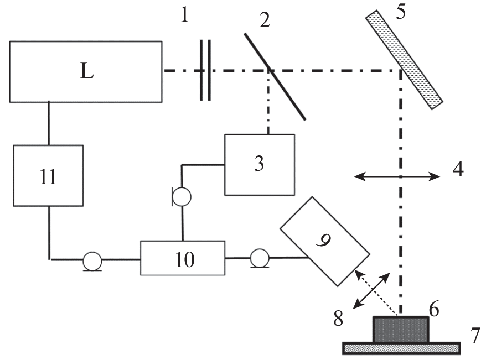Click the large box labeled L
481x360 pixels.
86,71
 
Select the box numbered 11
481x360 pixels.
48,175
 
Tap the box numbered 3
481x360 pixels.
259,164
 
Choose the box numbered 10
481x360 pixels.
183,258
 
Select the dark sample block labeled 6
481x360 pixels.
401,329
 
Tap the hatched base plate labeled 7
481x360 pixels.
401,348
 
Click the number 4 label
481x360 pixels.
458,169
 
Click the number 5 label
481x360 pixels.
400,12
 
